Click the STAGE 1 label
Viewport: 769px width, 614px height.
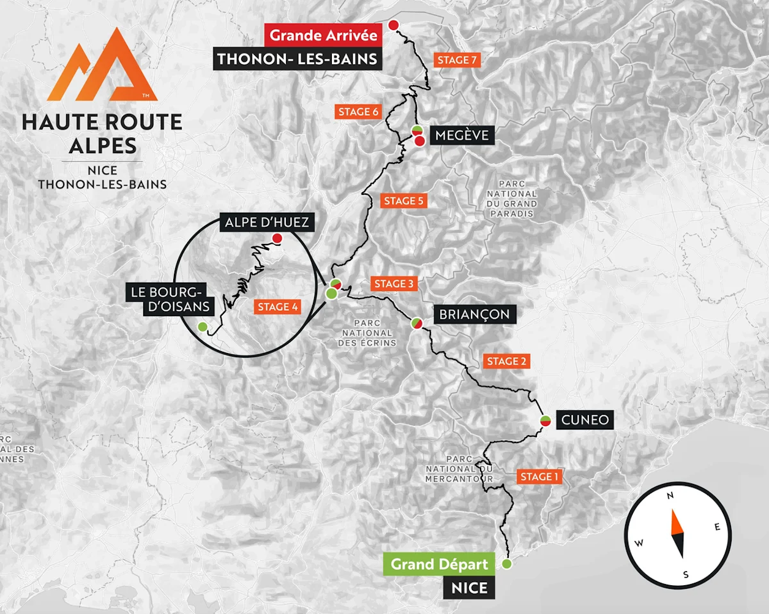coord(539,477)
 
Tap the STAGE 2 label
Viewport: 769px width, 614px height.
coord(506,361)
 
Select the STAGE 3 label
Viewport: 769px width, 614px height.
coord(394,284)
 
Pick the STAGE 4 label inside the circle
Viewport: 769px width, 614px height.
coord(277,306)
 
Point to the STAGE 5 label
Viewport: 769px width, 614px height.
coord(403,200)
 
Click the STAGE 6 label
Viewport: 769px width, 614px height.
coord(359,112)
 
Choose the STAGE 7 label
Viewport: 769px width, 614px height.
coord(457,59)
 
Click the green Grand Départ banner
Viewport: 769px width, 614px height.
coord(439,564)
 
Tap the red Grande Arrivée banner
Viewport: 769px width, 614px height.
coord(323,35)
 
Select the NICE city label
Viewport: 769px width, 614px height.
coord(469,588)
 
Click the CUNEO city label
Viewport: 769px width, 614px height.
coord(585,420)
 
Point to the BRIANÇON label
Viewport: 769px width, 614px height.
coord(474,314)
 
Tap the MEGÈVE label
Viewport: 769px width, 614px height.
coord(462,135)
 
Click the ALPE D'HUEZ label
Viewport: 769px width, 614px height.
coord(267,222)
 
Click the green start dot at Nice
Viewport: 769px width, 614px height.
coord(507,564)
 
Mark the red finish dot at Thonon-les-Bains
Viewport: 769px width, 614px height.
coord(394,25)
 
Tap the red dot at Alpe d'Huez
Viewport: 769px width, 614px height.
coord(277,238)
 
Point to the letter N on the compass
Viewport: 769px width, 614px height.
coord(670,495)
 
